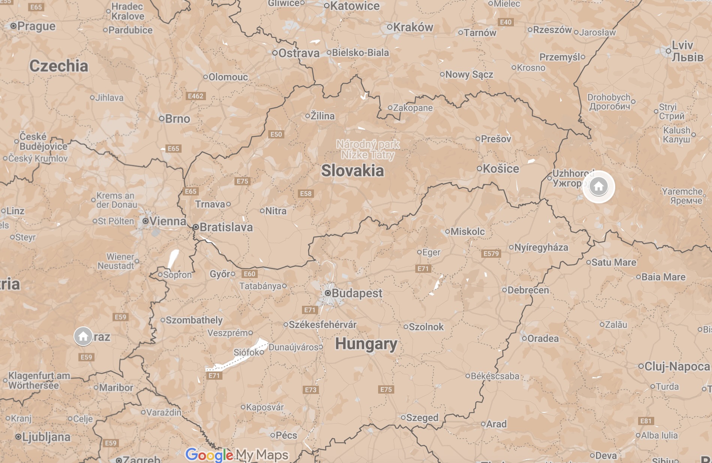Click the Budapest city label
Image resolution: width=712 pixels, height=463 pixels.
pos(356,293)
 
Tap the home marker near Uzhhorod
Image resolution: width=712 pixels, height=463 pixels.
pos(598,186)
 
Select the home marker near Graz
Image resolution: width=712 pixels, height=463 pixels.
pos(83,336)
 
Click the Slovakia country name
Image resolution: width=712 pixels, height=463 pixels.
pos(353,171)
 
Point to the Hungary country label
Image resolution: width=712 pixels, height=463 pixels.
pos(366,344)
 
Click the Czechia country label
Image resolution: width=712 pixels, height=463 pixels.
pos(59,66)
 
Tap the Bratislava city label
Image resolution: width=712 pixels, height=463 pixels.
pos(226,227)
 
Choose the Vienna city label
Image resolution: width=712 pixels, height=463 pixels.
pos(167,221)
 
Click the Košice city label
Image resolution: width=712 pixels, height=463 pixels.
pos(500,168)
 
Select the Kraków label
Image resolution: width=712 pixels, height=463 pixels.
pos(413,27)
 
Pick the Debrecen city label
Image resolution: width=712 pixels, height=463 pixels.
pos(528,290)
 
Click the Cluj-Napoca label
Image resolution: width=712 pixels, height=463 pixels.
pos(677,366)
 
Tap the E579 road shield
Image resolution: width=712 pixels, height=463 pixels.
pos(491,254)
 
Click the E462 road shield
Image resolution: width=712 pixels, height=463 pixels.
pos(195,96)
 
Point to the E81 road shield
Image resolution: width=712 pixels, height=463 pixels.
pos(646,421)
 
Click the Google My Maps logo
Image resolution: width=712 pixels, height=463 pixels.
pos(237,455)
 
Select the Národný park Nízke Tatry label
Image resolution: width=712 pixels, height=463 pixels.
pos(368,149)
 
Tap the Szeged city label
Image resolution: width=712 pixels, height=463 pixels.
pos(422,418)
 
